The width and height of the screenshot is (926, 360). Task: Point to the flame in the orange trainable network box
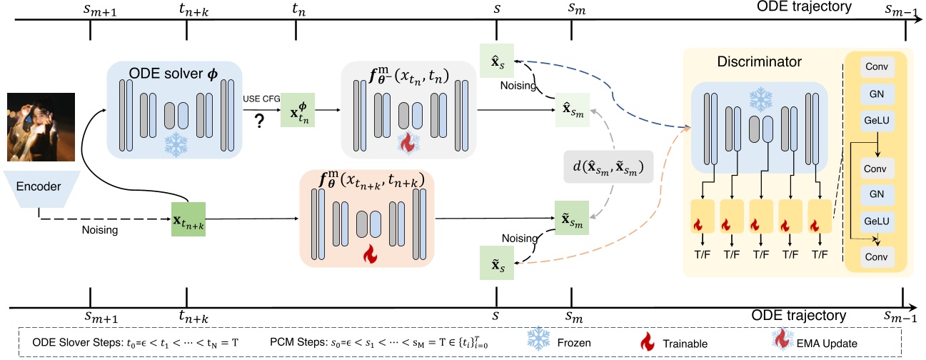[369, 254]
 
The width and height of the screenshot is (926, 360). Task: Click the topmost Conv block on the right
[875, 66]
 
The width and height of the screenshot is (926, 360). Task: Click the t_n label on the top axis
[296, 9]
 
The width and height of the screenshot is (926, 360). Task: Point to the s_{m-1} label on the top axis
[899, 9]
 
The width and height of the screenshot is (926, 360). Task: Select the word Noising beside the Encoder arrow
[99, 230]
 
